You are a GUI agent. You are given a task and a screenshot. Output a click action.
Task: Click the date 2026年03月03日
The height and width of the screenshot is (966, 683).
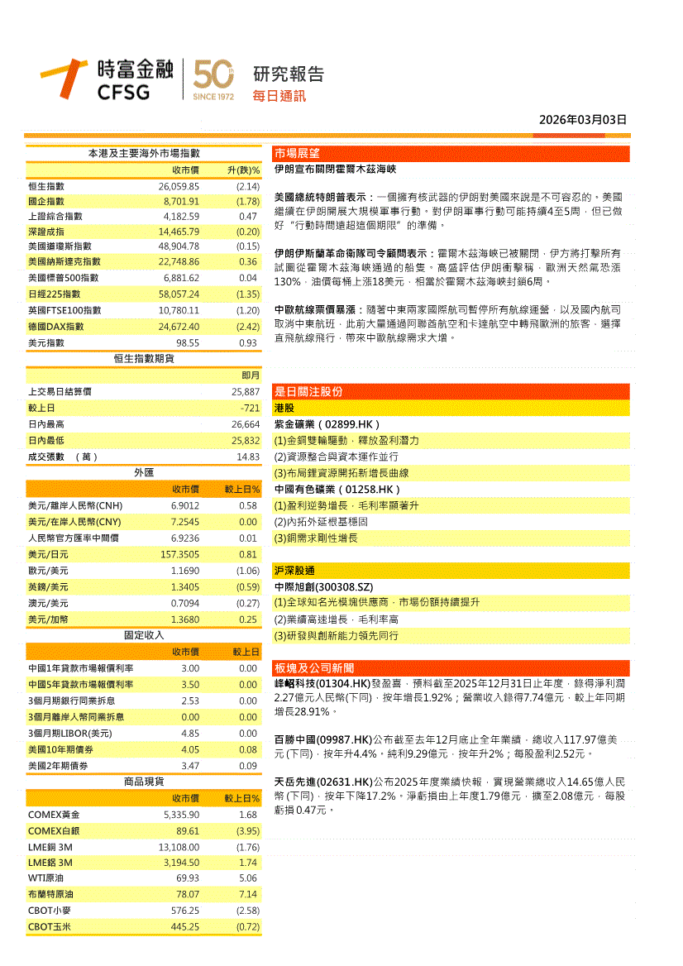(583, 120)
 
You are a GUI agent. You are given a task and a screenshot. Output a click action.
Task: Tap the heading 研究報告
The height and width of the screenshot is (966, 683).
(288, 74)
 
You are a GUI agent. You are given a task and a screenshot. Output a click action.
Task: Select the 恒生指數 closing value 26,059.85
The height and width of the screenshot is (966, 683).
(179, 187)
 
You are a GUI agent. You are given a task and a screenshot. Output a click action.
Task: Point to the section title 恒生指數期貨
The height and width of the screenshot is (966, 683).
(144, 358)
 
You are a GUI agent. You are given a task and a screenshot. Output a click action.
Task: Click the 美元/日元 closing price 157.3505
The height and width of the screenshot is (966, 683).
(179, 554)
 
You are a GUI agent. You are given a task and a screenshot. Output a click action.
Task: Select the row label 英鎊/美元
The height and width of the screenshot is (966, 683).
(48, 587)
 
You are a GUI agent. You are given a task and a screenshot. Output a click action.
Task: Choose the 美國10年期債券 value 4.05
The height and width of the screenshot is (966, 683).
(190, 750)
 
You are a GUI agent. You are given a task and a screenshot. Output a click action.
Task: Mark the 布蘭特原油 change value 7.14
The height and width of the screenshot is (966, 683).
(248, 895)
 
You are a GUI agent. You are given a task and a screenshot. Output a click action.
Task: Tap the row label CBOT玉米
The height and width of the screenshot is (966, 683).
(50, 927)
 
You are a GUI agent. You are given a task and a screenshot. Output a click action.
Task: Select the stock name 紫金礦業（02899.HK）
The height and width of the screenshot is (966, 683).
(327, 424)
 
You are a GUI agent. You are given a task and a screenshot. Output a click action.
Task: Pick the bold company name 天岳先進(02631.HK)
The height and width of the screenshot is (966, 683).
(322, 781)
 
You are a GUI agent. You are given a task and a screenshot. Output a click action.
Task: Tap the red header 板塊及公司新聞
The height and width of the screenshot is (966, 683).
(314, 668)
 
